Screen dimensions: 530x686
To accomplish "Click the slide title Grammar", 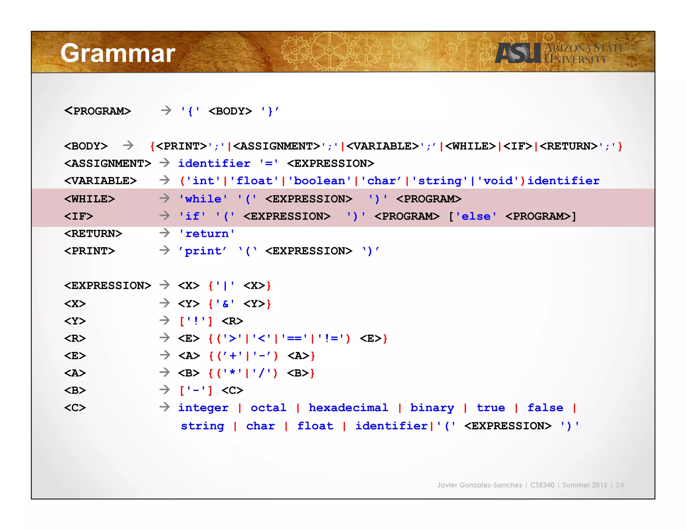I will [x=118, y=53].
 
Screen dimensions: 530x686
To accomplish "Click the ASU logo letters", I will [x=518, y=53].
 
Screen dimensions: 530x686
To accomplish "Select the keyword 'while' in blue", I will [x=203, y=199].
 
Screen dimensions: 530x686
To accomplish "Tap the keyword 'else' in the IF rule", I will [x=476, y=216].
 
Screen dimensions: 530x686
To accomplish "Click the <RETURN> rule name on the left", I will [x=93, y=234].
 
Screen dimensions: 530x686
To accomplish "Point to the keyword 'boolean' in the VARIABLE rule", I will [x=319, y=181].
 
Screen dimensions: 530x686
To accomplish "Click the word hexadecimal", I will [x=348, y=408].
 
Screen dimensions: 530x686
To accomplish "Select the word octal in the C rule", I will [x=268, y=408].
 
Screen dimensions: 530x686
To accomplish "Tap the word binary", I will [x=432, y=408].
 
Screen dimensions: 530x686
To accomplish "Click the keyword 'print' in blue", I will [x=203, y=251].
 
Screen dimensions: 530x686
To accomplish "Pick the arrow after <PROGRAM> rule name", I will [x=166, y=110].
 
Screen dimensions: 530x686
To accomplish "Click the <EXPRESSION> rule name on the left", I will [x=108, y=286].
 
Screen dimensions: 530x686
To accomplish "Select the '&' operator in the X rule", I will [x=225, y=304].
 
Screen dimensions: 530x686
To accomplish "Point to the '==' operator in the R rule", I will [x=294, y=338].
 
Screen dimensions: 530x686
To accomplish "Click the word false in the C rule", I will [x=545, y=408].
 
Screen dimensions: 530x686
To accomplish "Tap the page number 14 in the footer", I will [x=620, y=485].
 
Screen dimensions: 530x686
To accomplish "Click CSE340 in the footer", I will [x=542, y=485].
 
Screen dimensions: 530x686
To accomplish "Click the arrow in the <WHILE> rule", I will [x=164, y=198].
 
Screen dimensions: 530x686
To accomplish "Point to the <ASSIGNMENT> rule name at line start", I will [x=108, y=163].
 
